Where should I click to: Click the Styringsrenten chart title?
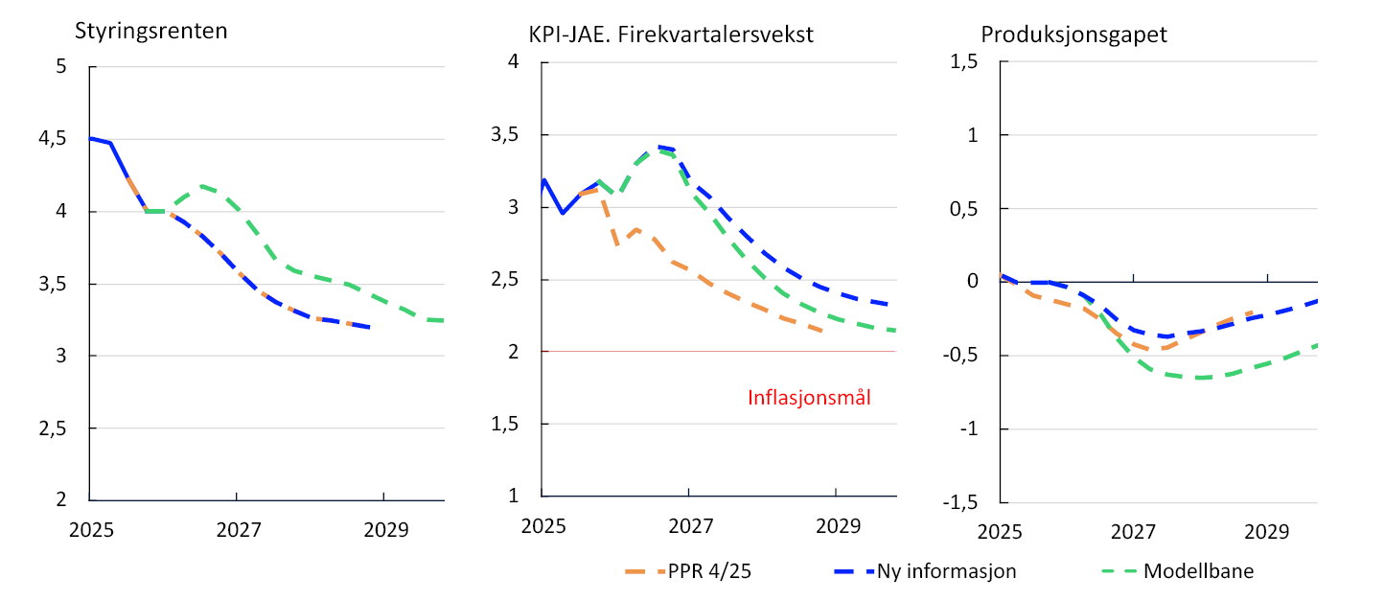(151, 30)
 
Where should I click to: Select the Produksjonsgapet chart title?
(1074, 35)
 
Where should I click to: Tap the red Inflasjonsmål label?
(809, 398)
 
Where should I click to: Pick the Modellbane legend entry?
(1198, 571)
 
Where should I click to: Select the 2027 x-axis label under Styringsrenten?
(238, 530)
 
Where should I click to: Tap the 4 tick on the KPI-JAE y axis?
(515, 62)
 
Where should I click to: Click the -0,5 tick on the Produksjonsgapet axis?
(958, 356)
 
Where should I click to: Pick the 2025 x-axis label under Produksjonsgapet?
(1000, 531)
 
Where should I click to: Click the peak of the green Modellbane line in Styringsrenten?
(201, 186)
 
